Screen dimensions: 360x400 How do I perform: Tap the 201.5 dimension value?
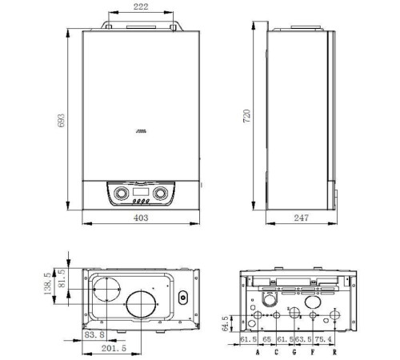(114, 348)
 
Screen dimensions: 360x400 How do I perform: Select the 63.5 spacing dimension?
(302, 339)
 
